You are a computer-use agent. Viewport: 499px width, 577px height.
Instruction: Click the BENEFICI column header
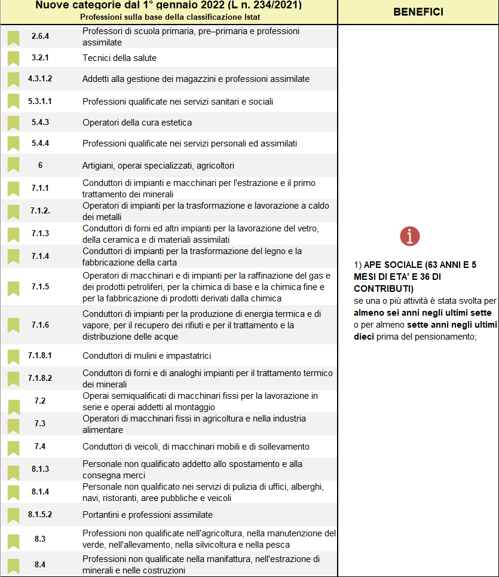tap(418, 12)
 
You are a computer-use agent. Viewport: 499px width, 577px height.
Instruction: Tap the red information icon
tap(410, 236)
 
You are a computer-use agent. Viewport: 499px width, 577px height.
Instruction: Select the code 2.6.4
tap(40, 36)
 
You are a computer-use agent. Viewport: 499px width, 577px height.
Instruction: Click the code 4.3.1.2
tap(40, 79)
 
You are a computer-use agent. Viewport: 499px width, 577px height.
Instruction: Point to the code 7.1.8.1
tap(40, 356)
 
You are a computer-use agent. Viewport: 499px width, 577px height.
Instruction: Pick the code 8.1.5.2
tap(40, 514)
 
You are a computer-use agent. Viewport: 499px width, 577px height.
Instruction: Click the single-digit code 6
tap(40, 165)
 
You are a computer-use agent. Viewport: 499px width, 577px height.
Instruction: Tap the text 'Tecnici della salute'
tap(120, 58)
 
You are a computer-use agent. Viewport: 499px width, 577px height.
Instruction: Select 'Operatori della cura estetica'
tap(137, 123)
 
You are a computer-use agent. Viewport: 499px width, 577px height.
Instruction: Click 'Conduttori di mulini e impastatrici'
tap(146, 356)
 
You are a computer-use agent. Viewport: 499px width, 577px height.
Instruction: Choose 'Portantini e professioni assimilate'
tap(148, 514)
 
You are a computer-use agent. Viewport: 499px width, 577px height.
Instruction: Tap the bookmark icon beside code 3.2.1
tap(13, 59)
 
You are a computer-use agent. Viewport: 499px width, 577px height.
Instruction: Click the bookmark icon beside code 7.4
tap(13, 447)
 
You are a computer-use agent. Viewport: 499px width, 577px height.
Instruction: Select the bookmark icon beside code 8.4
tap(13, 565)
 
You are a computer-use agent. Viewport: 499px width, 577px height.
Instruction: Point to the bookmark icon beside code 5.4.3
tap(13, 123)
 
